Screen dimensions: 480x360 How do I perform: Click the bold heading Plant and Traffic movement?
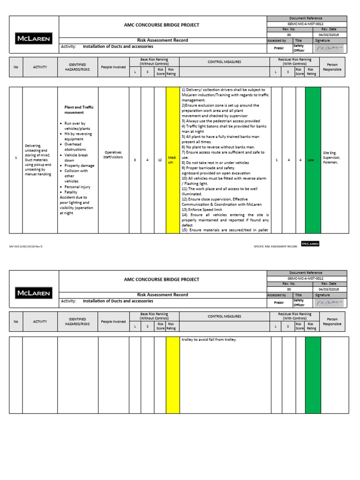pyautogui.click(x=79, y=110)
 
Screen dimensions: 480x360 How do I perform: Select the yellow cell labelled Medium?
pyautogui.click(x=172, y=160)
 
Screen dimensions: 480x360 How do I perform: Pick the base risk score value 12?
pyautogui.click(x=160, y=160)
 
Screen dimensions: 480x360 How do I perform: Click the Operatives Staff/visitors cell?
pyautogui.click(x=113, y=155)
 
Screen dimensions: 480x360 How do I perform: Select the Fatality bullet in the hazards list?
pyautogui.click(x=72, y=192)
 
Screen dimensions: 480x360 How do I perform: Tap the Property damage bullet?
pyautogui.click(x=79, y=165)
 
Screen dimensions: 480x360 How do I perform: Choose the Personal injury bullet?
pyautogui.click(x=77, y=187)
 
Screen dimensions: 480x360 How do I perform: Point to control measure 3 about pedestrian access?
pyautogui.click(x=220, y=121)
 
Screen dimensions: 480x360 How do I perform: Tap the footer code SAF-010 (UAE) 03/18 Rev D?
pyautogui.click(x=29, y=246)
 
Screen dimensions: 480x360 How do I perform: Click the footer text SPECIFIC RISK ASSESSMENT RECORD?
pyautogui.click(x=275, y=246)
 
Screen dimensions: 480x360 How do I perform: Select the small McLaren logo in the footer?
pyautogui.click(x=310, y=244)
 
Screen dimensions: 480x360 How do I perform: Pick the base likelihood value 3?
pyautogui.click(x=135, y=160)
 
